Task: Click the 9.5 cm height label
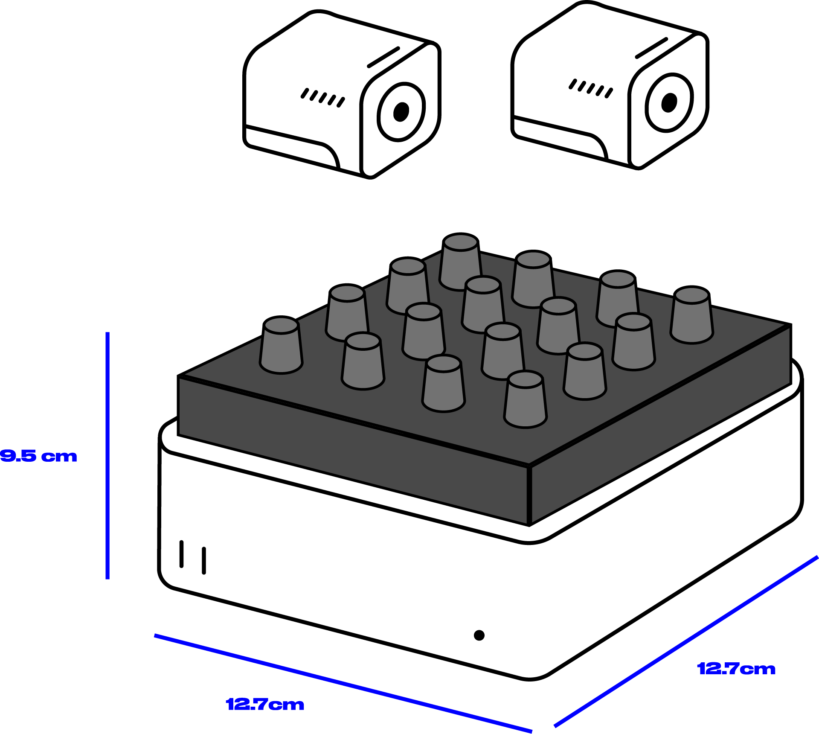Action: click(x=38, y=456)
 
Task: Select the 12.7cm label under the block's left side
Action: click(x=265, y=705)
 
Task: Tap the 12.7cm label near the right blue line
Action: click(x=736, y=669)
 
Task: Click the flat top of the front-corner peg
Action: click(x=526, y=379)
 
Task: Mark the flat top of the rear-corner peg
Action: click(x=461, y=243)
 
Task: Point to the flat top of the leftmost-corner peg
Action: click(x=281, y=326)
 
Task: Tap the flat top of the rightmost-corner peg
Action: click(x=691, y=296)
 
